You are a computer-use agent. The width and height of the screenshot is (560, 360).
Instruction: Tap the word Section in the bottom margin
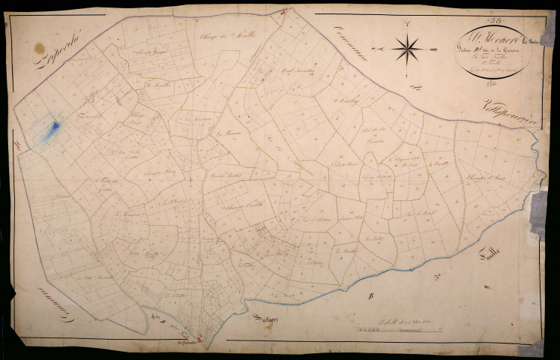click(x=264, y=318)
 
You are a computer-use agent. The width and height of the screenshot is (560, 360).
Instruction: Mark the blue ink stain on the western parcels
click(x=52, y=130)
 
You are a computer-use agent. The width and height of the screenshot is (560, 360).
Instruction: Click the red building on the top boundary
click(x=283, y=12)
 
